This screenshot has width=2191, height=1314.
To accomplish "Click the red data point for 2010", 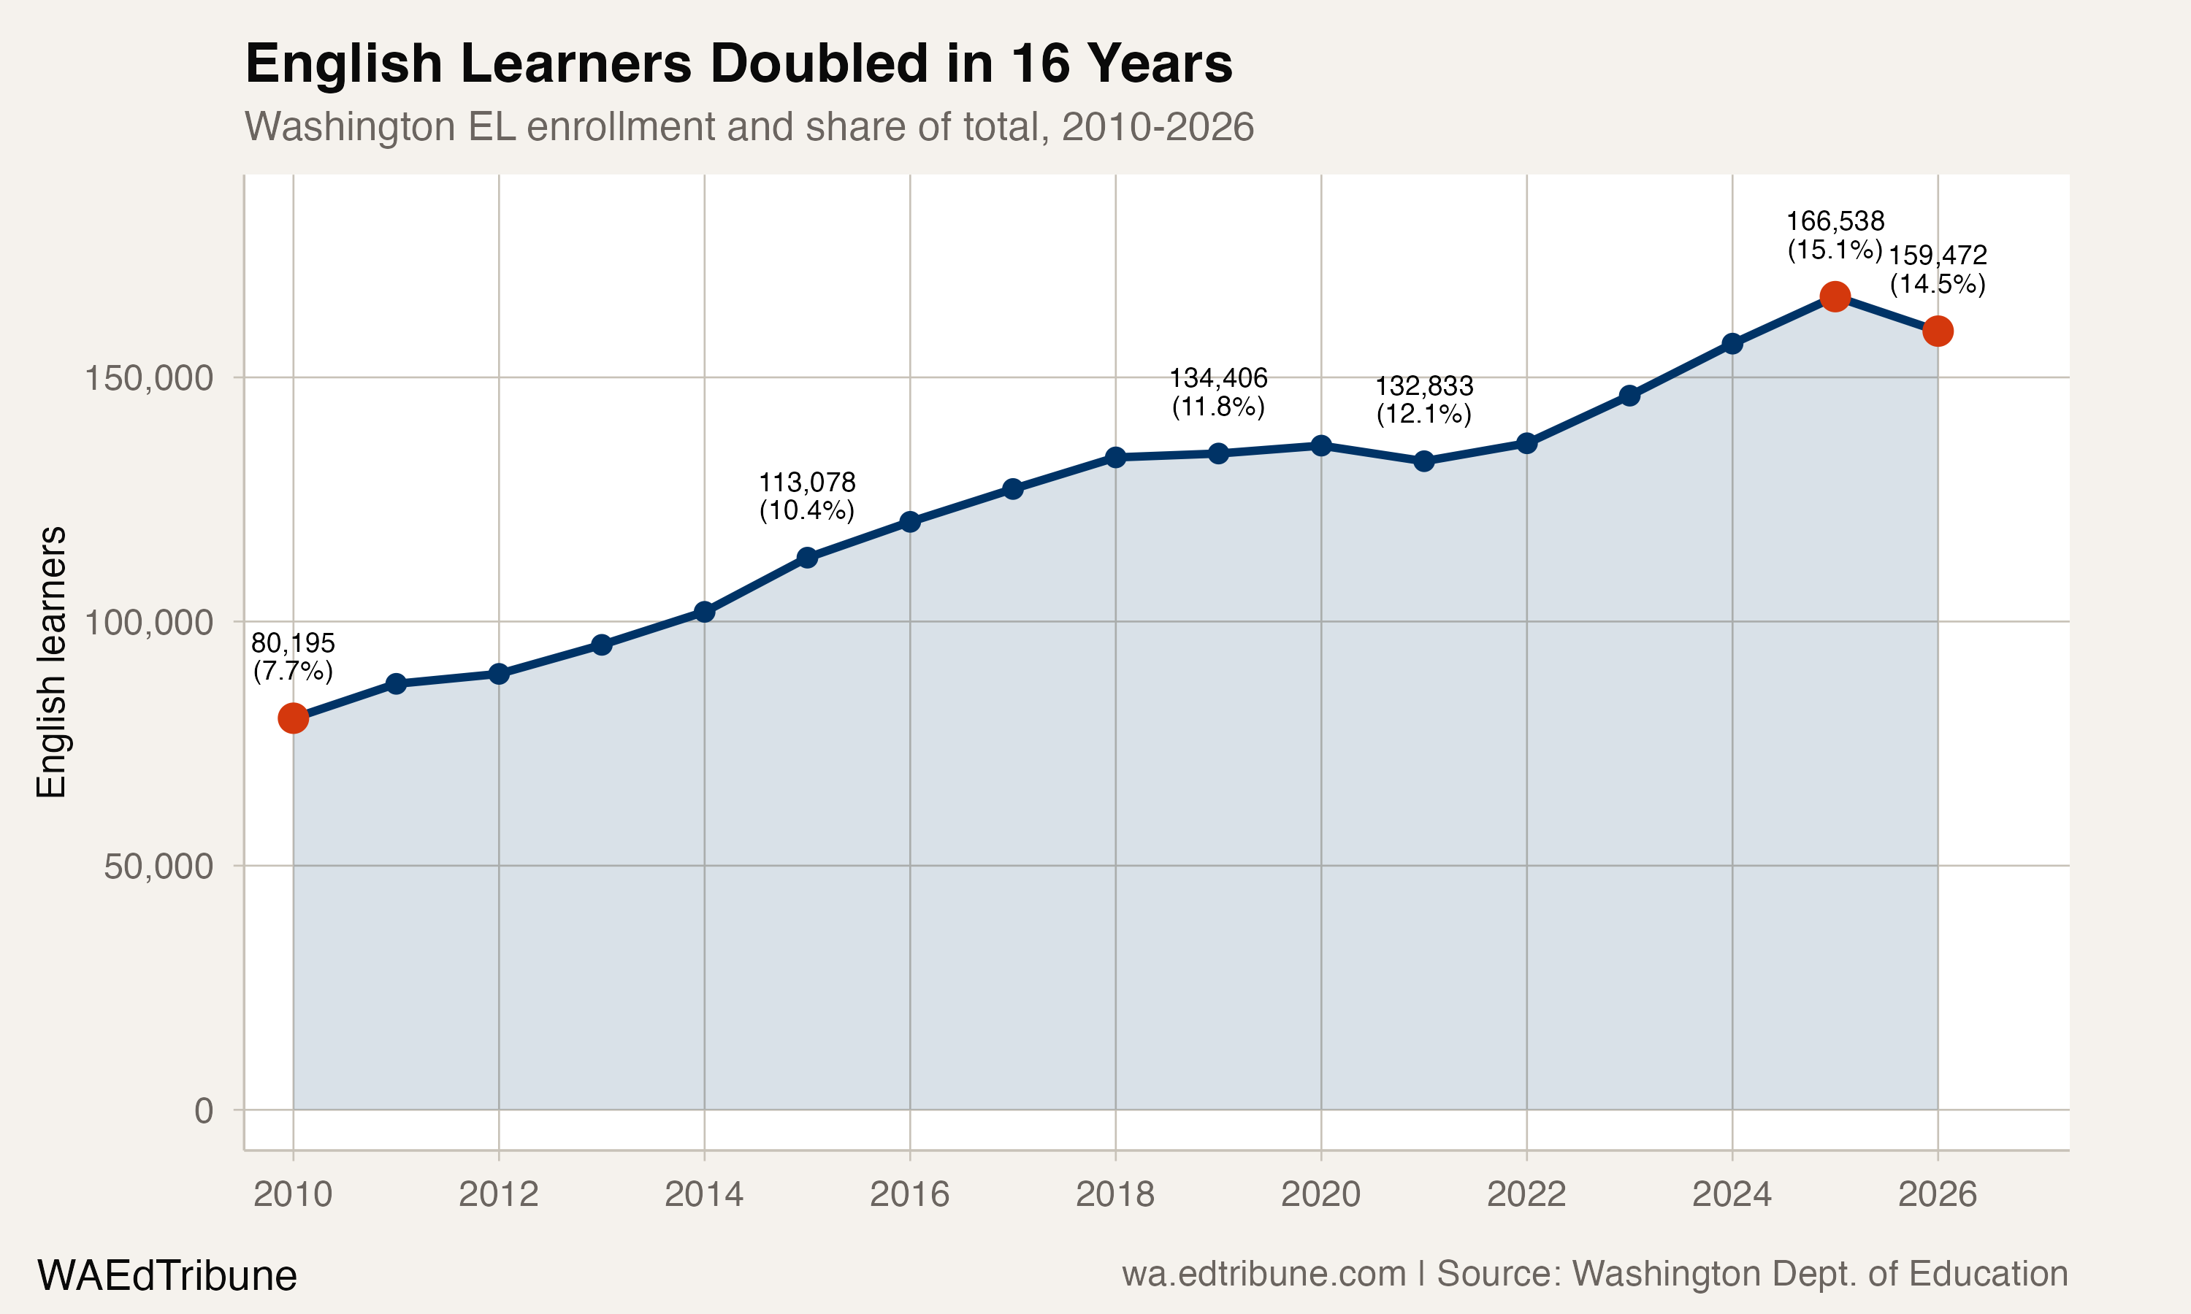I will point(293,718).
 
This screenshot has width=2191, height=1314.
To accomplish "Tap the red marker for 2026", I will point(1937,331).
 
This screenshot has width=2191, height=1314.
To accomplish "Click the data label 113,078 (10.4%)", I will point(807,496).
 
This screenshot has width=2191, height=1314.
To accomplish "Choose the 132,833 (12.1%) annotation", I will point(1423,399).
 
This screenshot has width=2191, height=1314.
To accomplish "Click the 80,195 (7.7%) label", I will point(293,657).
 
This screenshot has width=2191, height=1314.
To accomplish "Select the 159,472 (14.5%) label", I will point(1938,269).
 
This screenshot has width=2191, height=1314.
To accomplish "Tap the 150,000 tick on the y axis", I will point(149,379).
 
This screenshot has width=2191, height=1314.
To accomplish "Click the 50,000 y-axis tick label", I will point(158,867).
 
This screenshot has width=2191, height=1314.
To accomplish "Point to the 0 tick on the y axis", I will point(204,1110).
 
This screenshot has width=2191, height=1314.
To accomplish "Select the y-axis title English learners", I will point(51,662).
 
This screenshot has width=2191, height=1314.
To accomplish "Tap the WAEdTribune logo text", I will point(167,1276).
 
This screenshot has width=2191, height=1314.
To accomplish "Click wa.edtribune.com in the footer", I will point(1263,1274).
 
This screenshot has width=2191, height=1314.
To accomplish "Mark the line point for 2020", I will point(1320,445).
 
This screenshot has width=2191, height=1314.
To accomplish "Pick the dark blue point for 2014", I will point(704,612).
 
